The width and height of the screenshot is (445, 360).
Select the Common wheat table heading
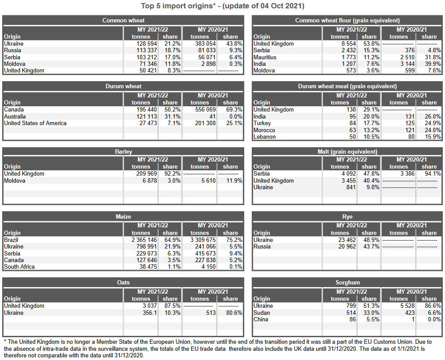[x=123, y=20]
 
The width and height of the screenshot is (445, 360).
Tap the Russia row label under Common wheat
[x=12, y=50]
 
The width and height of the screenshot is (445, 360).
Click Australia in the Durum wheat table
[x=15, y=117]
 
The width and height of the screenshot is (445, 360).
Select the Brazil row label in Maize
[x=11, y=240]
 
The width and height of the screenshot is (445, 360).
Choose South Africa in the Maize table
[x=19, y=267]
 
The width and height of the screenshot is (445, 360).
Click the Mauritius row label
[x=265, y=58]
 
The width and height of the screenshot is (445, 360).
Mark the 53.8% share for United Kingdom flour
[x=369, y=44]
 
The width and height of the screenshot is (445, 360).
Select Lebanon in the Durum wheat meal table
[x=264, y=137]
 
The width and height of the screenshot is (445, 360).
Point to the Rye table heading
[x=347, y=216]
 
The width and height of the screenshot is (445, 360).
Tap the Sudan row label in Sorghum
[x=262, y=313]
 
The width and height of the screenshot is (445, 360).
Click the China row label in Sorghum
[x=261, y=320]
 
